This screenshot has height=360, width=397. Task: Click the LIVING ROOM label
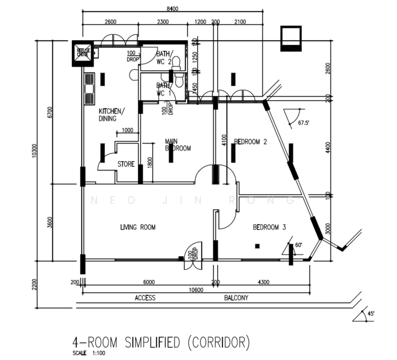point(138,227)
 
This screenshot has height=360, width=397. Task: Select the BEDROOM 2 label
point(250,142)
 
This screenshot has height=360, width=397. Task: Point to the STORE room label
point(125,164)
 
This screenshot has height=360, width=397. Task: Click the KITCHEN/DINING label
point(112,114)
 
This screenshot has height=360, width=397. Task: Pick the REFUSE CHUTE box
point(82,53)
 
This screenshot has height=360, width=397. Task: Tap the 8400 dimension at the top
point(172,8)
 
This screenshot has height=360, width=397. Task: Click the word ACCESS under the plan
point(145,298)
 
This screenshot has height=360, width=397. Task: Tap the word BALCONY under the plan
point(237,298)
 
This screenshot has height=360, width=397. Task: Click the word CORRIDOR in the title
point(218,343)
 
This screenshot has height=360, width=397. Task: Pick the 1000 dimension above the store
point(127,131)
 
